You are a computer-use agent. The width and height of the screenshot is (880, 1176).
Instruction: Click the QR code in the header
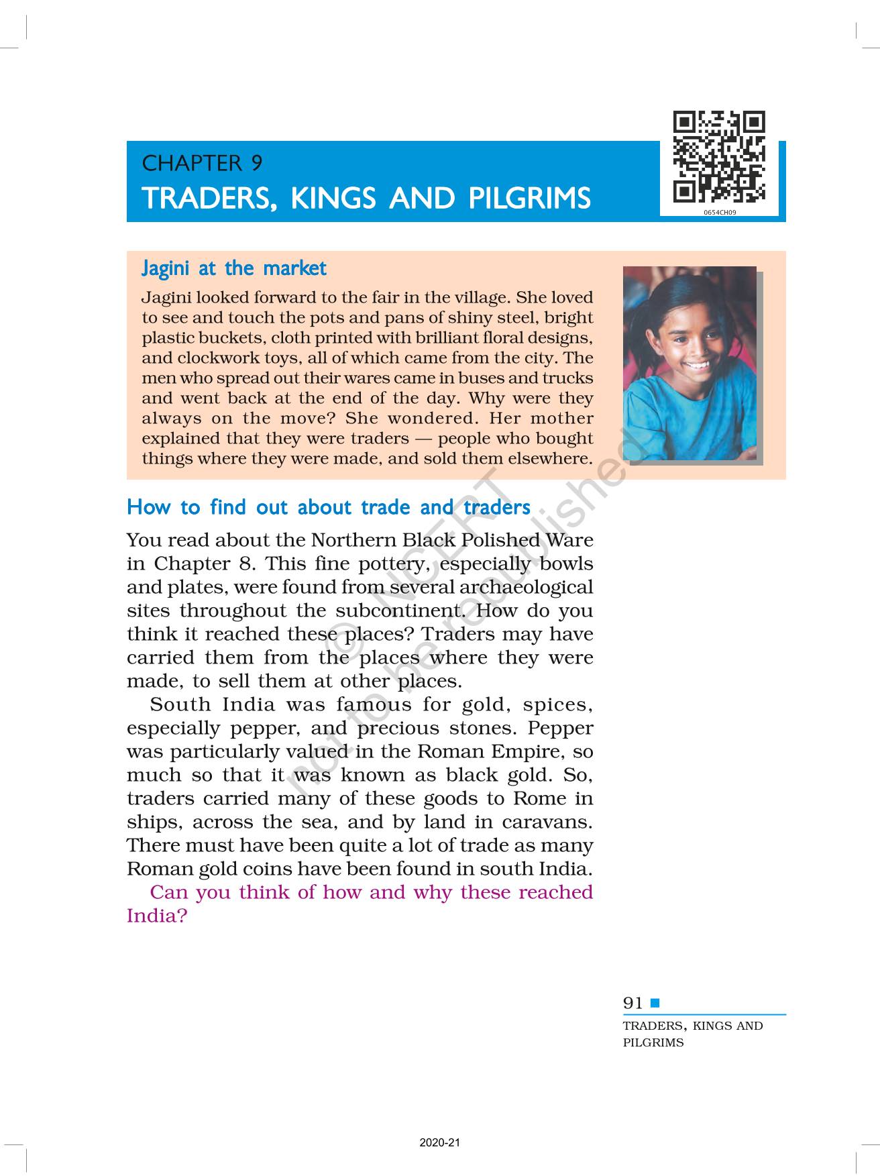pyautogui.click(x=719, y=157)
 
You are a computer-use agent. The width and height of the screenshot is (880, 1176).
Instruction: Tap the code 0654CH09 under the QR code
pyautogui.click(x=720, y=212)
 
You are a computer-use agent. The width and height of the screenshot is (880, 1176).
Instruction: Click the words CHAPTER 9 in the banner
pyautogui.click(x=202, y=163)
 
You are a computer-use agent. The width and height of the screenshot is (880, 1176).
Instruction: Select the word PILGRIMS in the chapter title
pyautogui.click(x=529, y=199)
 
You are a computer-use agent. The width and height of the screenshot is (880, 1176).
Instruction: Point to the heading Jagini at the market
pyautogui.click(x=233, y=268)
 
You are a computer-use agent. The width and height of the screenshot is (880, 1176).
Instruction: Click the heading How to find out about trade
pyautogui.click(x=328, y=507)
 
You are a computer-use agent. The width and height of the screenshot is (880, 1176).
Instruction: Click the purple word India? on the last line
pyautogui.click(x=157, y=916)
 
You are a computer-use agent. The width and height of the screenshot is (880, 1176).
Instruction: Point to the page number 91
pyautogui.click(x=632, y=1003)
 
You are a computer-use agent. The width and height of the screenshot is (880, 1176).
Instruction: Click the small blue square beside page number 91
pyautogui.click(x=655, y=1003)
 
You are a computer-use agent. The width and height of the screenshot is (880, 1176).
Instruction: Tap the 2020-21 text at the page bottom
pyautogui.click(x=439, y=1142)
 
